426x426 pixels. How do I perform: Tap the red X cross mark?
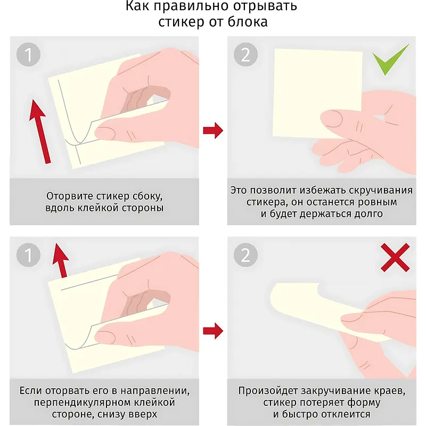click(x=395, y=258)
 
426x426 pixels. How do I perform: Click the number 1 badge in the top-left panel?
click(x=28, y=54)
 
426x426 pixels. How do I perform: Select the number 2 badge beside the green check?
click(x=245, y=54)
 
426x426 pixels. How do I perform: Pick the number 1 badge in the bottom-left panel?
click(x=28, y=255)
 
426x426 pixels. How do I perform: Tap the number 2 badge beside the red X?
click(x=245, y=255)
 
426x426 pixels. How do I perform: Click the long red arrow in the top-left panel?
click(x=40, y=132)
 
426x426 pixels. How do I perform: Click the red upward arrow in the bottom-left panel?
click(x=61, y=260)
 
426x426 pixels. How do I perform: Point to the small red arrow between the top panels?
click(x=213, y=130)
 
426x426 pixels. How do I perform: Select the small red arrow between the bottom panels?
click(x=213, y=331)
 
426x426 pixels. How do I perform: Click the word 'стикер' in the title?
click(x=181, y=22)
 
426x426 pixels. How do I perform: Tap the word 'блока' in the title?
click(x=248, y=22)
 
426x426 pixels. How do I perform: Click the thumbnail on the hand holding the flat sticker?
click(x=333, y=118)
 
